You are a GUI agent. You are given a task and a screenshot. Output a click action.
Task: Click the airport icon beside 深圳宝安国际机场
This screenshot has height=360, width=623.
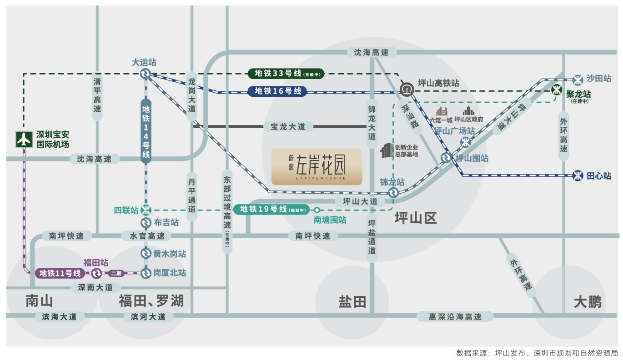click(24, 139)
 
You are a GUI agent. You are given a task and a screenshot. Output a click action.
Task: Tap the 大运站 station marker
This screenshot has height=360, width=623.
click(146, 74)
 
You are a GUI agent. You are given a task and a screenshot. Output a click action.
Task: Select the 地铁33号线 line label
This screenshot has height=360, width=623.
click(282, 73)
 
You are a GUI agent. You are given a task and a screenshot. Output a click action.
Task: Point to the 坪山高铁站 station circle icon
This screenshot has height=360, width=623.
click(406, 90)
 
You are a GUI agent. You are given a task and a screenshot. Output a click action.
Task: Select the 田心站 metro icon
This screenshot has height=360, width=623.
click(578, 175)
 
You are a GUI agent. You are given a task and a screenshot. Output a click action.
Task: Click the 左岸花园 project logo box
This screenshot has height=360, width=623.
click(317, 167)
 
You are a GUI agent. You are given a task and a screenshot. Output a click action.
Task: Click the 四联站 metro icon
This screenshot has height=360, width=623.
click(146, 210)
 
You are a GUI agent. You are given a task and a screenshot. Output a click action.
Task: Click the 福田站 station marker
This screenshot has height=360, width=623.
click(96, 273)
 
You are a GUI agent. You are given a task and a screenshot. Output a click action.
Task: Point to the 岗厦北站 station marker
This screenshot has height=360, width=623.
click(146, 273)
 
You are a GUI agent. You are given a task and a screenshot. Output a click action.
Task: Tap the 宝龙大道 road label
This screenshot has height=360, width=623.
click(288, 127)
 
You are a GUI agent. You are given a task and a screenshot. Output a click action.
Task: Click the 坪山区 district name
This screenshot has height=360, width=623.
click(416, 218)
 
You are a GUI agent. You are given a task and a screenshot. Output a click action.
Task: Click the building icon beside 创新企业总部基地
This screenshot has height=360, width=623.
click(387, 151)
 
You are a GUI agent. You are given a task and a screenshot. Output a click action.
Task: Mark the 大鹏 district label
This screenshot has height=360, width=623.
click(587, 301)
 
